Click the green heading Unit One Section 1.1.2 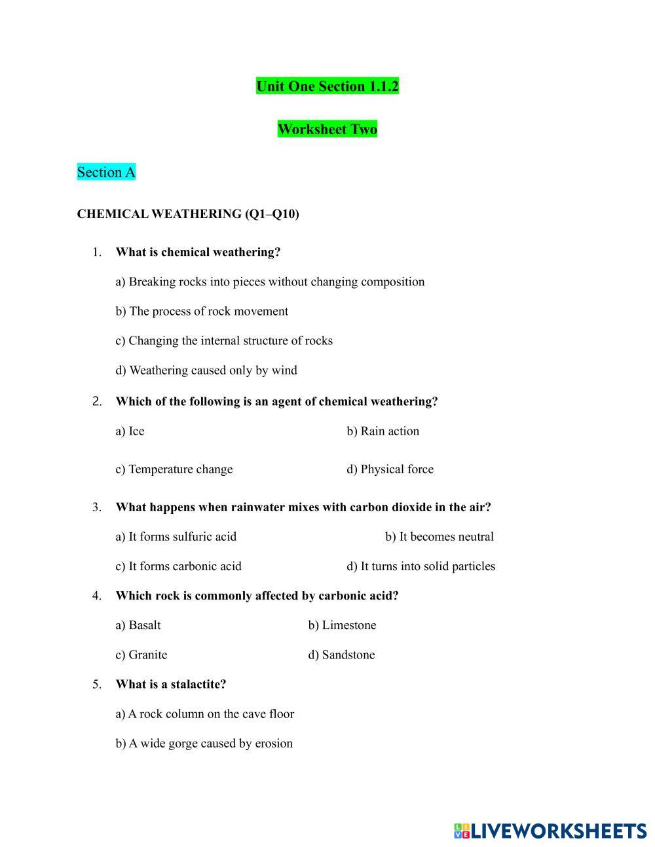[327, 86]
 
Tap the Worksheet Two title [327, 129]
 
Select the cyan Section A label [106, 172]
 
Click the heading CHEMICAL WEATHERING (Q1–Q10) [188, 214]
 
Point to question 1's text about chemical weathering [198, 252]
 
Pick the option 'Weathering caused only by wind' [206, 370]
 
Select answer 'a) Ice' [130, 431]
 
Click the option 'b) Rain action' [383, 431]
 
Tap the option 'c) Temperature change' [174, 469]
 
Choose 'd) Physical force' [390, 469]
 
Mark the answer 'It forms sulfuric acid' [176, 537]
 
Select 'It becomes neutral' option [439, 537]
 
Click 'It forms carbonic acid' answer [178, 566]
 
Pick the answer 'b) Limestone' [342, 625]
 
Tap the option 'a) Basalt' [138, 625]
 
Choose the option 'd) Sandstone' [341, 655]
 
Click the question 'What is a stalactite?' [170, 684]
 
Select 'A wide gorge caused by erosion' [204, 743]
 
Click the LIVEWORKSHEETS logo [550, 831]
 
